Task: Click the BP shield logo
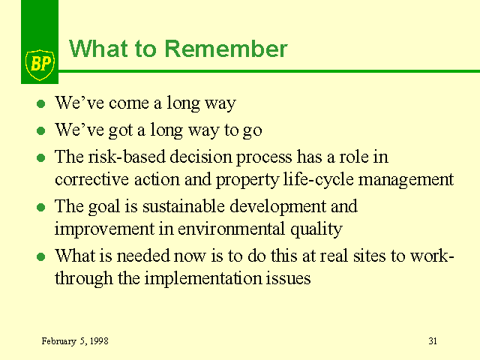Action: click(x=40, y=65)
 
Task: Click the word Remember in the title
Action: click(x=226, y=49)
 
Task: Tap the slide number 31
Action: click(x=433, y=341)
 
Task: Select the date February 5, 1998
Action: click(x=75, y=341)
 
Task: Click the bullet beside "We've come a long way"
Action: click(x=40, y=103)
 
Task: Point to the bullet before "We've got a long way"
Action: click(x=40, y=131)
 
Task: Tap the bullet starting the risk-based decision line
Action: click(x=40, y=158)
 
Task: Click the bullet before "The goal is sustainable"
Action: click(x=40, y=207)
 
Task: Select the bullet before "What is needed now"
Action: click(x=40, y=256)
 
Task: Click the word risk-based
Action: click(x=127, y=157)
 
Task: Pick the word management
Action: click(x=406, y=180)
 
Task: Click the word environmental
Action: click(x=232, y=229)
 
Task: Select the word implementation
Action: click(x=202, y=278)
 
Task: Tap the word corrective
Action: click(x=91, y=179)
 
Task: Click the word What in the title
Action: click(x=98, y=49)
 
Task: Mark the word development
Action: click(x=277, y=206)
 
